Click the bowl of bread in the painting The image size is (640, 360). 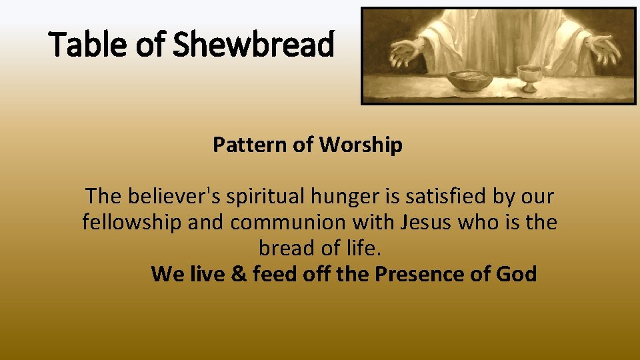[469, 81]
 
